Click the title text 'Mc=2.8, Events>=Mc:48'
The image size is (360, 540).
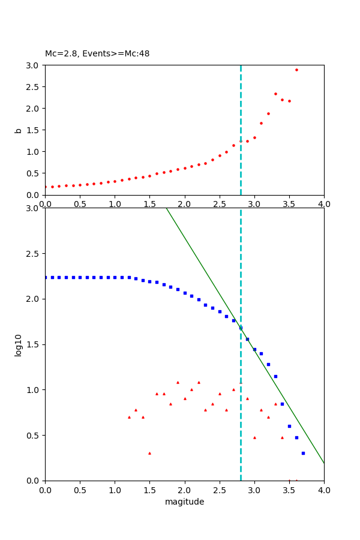point(97,53)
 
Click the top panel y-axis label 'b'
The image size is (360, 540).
point(18,130)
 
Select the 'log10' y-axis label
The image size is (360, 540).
point(18,345)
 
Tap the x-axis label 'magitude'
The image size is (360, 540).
point(184,502)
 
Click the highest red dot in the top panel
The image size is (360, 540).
point(296,70)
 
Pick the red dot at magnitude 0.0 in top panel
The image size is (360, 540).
point(45,187)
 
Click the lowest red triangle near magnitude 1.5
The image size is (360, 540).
point(149,453)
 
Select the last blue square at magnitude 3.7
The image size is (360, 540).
point(303,453)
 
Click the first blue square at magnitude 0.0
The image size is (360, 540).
point(45,277)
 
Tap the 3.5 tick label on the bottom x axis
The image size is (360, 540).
point(289,489)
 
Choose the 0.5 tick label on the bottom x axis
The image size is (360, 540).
point(80,489)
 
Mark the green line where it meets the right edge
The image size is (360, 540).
point(323,463)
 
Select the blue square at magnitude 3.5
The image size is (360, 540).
point(289,426)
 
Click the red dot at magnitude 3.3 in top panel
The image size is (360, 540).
point(275,94)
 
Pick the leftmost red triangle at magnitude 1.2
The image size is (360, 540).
point(129,417)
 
